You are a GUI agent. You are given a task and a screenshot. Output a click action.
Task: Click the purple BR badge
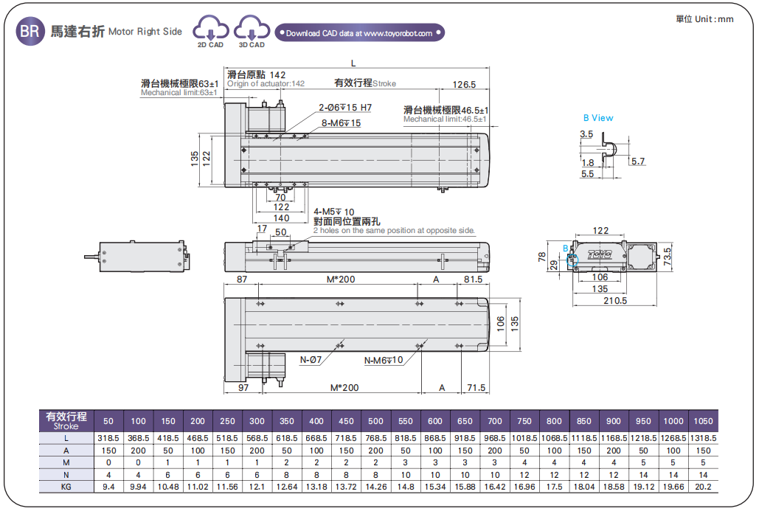(29, 32)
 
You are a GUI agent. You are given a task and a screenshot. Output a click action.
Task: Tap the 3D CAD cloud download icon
(252, 32)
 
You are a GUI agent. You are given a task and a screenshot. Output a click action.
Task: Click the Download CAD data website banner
(359, 33)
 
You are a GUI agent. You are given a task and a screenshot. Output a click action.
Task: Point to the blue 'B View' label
(597, 118)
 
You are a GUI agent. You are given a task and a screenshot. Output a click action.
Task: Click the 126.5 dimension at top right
(464, 85)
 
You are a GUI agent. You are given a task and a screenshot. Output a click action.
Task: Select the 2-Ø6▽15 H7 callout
(345, 108)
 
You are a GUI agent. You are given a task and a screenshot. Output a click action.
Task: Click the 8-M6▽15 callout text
(341, 122)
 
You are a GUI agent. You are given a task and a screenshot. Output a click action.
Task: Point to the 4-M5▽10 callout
(333, 212)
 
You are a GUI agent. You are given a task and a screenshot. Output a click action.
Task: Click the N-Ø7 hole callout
(311, 361)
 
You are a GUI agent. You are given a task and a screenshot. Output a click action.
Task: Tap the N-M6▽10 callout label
(384, 361)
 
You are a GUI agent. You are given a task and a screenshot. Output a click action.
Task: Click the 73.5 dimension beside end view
(668, 256)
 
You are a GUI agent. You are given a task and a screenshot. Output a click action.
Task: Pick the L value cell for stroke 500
(375, 438)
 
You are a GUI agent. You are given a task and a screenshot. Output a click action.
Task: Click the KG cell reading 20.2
(703, 487)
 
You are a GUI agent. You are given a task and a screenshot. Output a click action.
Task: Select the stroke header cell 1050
(703, 421)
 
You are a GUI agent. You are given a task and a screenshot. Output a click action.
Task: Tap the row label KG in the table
(66, 487)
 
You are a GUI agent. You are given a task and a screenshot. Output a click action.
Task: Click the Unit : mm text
(704, 19)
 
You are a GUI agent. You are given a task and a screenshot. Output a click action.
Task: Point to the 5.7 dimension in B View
(638, 162)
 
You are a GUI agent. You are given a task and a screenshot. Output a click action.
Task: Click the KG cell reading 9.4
(108, 487)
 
